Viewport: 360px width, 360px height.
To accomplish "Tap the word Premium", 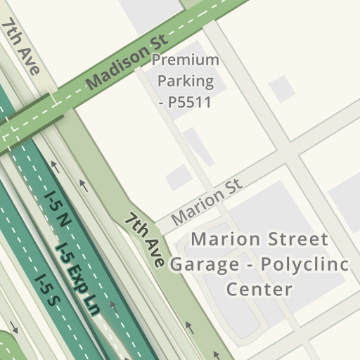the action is coord(186,60).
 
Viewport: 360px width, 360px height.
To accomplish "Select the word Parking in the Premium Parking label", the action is coord(186,81).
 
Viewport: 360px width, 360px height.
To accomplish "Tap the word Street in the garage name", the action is coord(295,240).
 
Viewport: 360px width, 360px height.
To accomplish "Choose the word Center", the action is coord(259,288).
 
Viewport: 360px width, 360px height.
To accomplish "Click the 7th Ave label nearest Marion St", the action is coord(146,240).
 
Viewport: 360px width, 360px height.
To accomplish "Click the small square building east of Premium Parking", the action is coord(282,89).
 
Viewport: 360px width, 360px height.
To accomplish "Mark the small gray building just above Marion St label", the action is coord(178,177).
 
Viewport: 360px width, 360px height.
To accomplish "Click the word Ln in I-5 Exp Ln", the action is coord(89,305).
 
